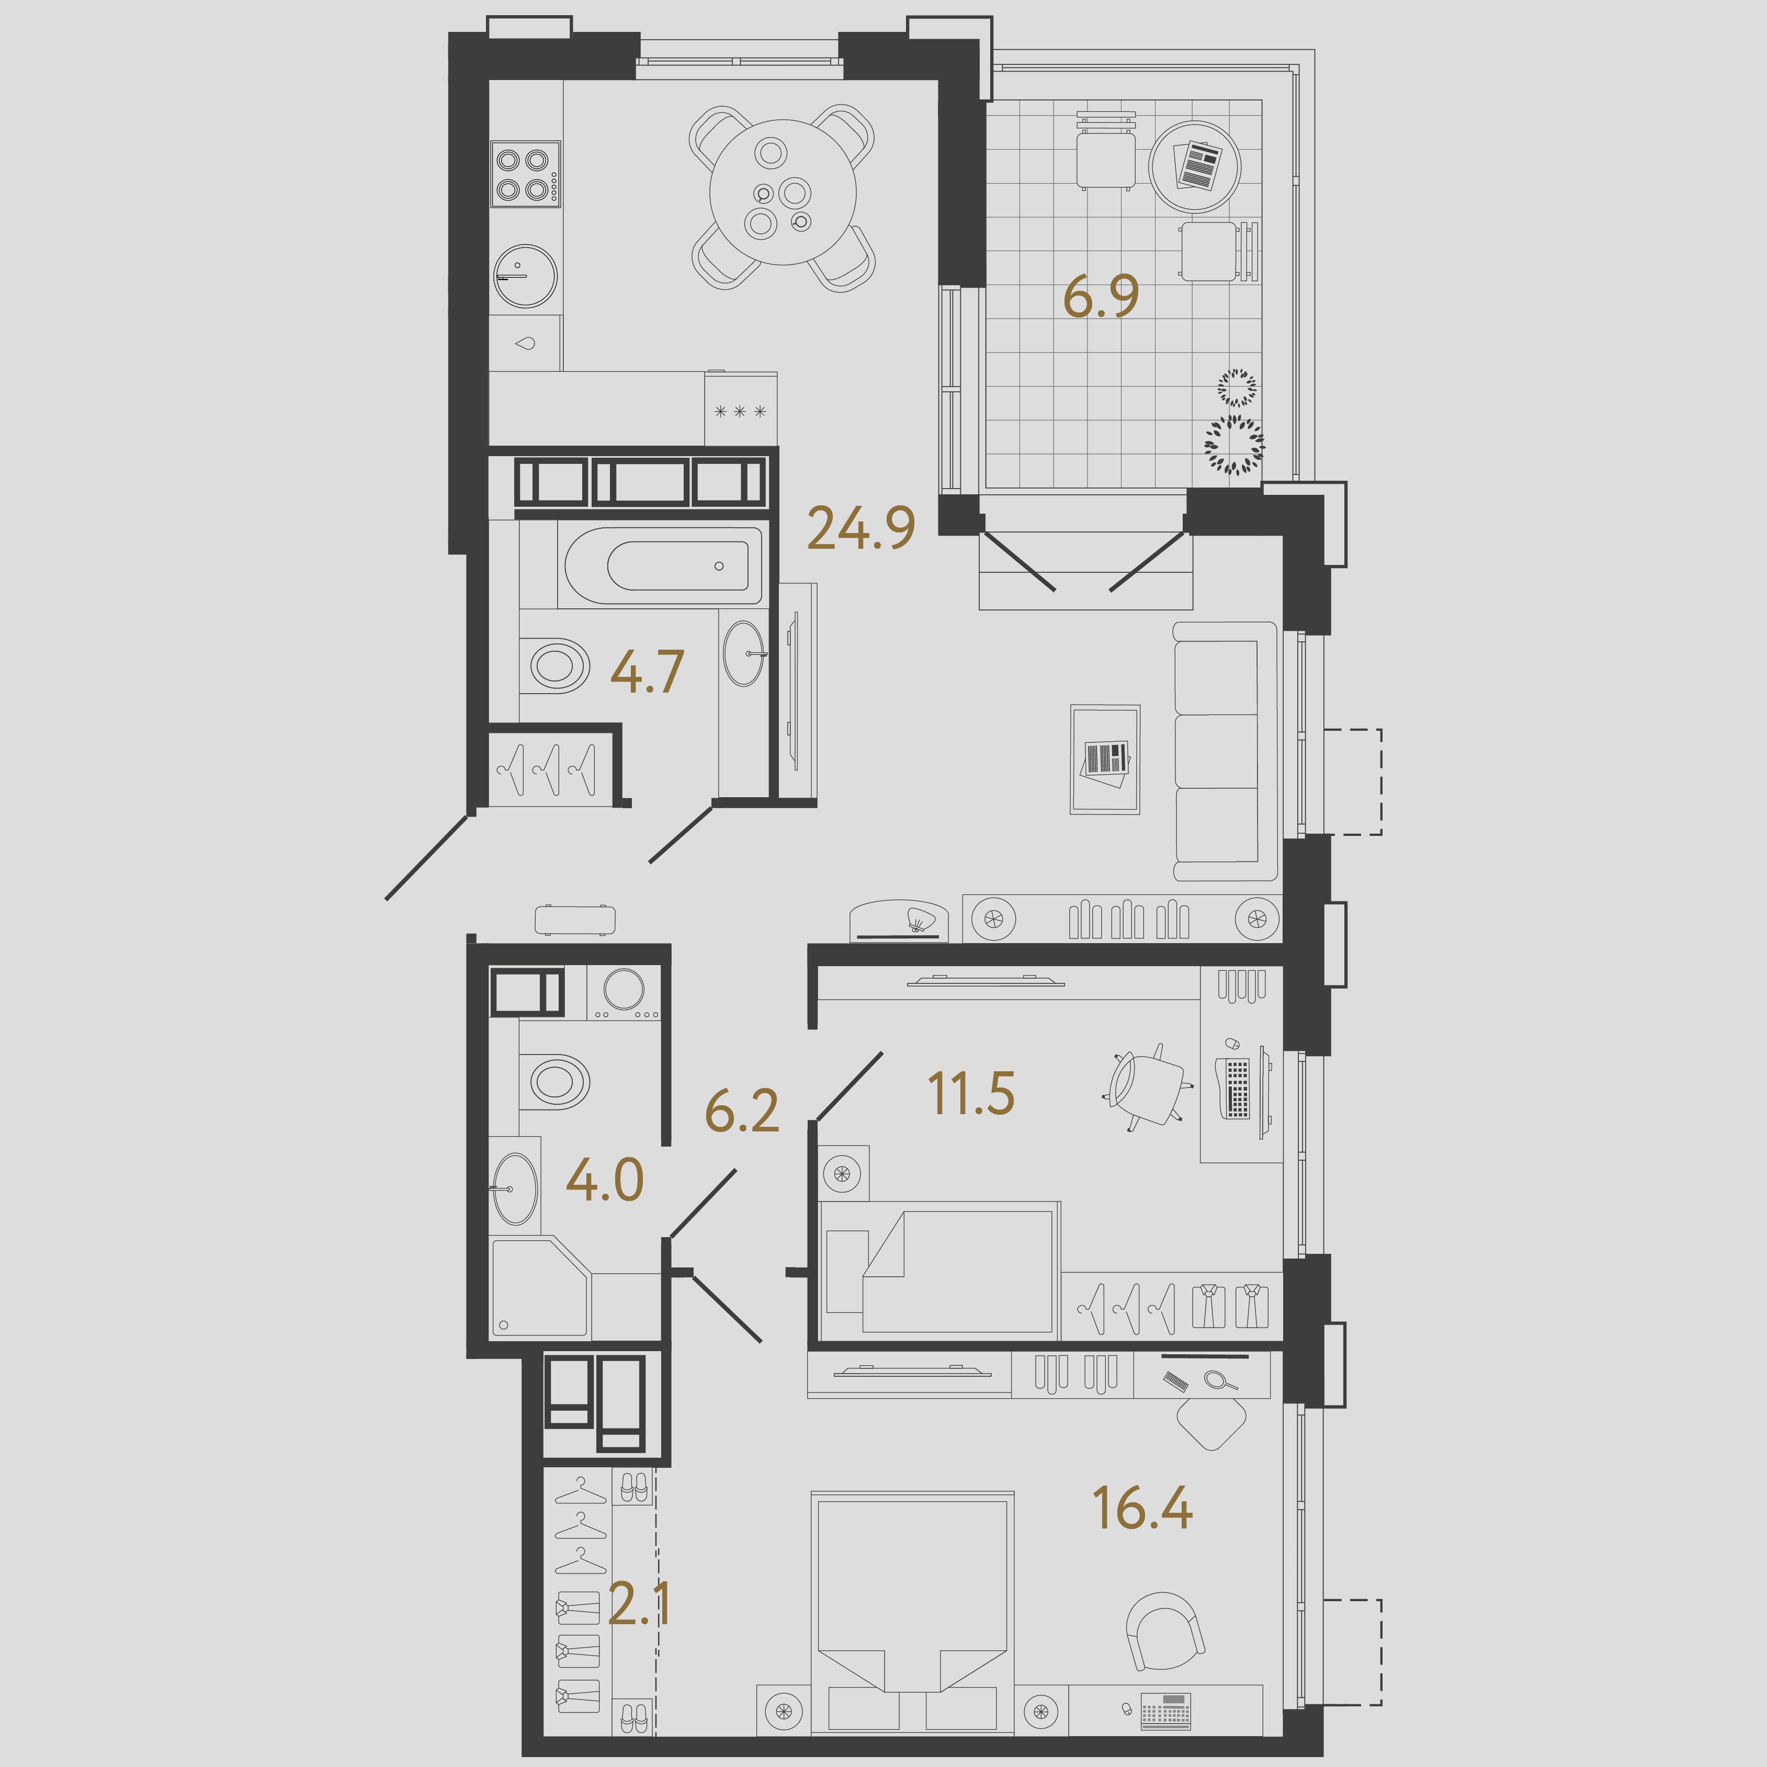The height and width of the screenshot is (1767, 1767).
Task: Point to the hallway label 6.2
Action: coord(742,1111)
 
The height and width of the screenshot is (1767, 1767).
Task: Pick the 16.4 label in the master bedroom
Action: coord(1142,1508)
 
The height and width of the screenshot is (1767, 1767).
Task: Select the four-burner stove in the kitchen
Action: coord(525,174)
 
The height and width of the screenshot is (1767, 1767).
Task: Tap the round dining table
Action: coord(783,192)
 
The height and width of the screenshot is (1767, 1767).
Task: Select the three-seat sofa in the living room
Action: coord(1225,751)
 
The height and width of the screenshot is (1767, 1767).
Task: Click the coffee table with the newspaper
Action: coord(1105,759)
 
